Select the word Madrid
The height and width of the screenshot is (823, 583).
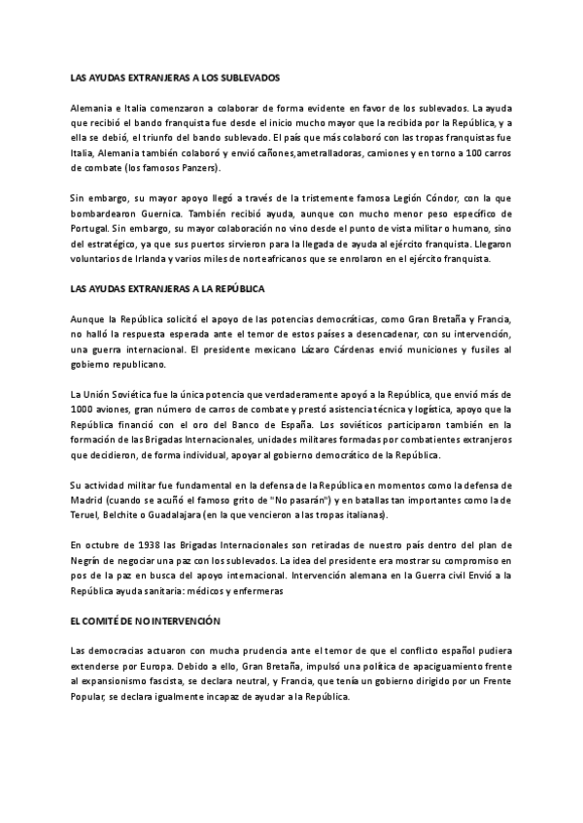(x=88, y=499)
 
